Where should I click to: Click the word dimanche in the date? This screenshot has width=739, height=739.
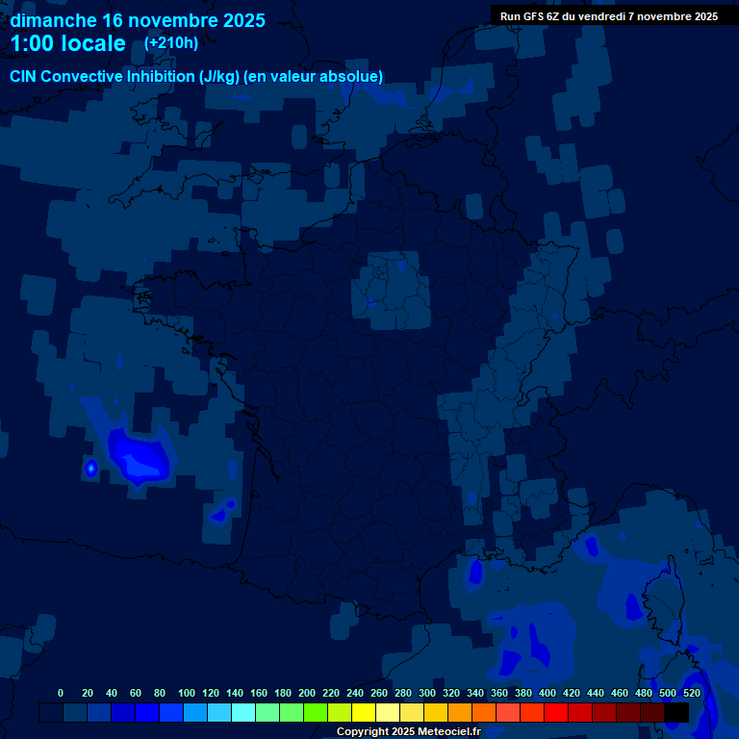52,20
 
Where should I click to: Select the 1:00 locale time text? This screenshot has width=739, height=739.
67,43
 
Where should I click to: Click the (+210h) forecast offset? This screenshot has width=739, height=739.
171,43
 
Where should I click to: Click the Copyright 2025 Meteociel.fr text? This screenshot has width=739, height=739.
408,731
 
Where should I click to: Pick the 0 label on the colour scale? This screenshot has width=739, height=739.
61,693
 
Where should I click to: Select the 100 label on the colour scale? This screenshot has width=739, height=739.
187,693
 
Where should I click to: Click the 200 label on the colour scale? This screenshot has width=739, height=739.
307,693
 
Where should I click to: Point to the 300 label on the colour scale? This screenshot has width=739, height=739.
427,693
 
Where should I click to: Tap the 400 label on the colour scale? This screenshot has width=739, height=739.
548,693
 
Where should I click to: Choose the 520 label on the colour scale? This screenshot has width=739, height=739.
691,693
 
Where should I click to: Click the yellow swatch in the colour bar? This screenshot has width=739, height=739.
364,712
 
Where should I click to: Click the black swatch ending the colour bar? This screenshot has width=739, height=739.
676,712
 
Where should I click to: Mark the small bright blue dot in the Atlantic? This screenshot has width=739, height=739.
91,469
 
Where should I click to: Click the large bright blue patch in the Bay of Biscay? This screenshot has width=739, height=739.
140,457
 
